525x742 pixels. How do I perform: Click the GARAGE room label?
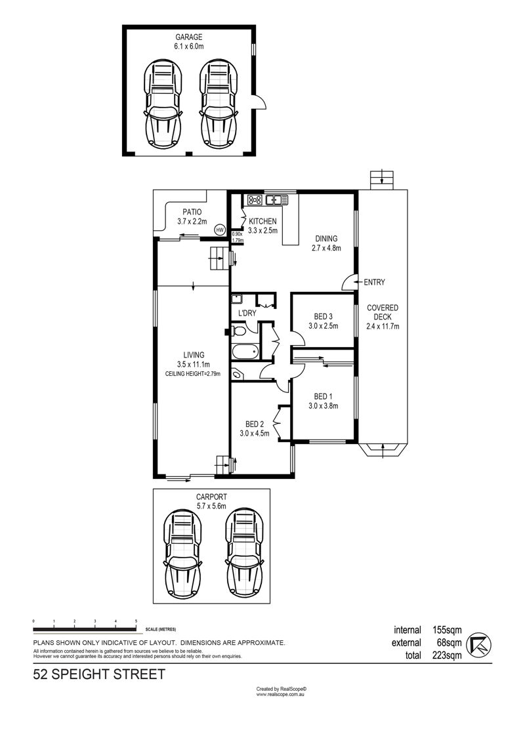point(189,37)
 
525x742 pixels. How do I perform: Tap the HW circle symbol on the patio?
point(219,230)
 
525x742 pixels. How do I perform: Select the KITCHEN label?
point(262,221)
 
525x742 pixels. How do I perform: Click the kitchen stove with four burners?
point(255,200)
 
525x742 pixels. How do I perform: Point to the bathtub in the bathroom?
point(245,352)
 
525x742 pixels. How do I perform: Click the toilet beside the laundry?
point(238,330)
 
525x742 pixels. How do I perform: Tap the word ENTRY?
point(375,282)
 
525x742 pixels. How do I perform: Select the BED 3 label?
point(324,317)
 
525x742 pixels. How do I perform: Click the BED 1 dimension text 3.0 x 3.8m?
point(324,405)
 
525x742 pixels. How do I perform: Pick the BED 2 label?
point(254,424)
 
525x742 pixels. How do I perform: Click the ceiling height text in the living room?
point(193,374)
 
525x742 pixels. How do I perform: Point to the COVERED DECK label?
point(383,312)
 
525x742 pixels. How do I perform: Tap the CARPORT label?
point(211,497)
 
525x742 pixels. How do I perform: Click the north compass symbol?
point(479,644)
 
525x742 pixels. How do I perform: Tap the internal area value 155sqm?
point(447,630)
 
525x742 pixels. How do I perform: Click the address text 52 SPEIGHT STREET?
point(99,674)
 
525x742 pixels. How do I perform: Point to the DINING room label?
point(326,239)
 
